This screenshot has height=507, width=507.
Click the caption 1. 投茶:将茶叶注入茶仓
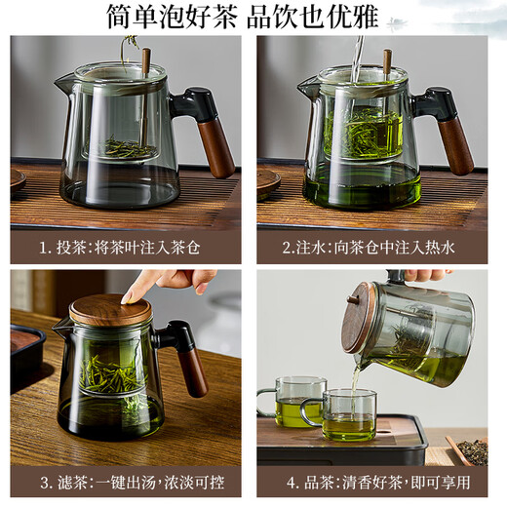coord(126,248)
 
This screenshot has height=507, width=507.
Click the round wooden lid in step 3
coord(110,311)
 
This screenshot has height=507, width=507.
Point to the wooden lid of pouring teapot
coord(360,314)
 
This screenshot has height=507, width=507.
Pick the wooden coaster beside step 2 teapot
coord(267,180)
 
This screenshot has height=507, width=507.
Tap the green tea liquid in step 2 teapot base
coord(361,185)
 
